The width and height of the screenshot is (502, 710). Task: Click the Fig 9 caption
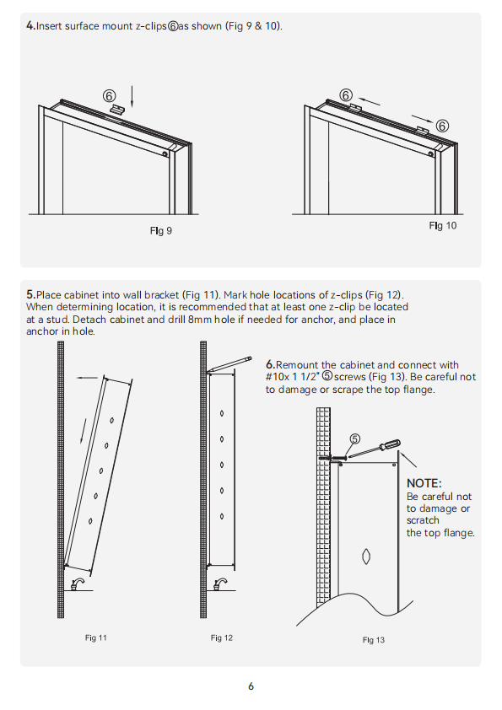[161, 231]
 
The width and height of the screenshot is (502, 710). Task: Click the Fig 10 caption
[443, 225]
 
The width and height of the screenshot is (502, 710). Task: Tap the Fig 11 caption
[95, 637]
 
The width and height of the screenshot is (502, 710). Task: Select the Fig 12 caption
[222, 637]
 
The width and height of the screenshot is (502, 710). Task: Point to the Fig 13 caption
[373, 640]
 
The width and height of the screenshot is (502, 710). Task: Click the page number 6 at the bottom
[251, 686]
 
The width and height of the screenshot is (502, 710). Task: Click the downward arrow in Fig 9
[132, 96]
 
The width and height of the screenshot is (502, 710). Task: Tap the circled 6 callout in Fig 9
[109, 96]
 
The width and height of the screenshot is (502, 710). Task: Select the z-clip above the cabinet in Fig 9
[117, 109]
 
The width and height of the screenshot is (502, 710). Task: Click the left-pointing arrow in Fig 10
[369, 101]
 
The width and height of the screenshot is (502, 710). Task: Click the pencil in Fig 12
[229, 364]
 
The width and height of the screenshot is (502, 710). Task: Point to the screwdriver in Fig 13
[375, 448]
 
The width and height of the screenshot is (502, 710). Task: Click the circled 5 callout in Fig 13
[354, 438]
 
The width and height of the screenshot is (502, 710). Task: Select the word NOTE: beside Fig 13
[424, 483]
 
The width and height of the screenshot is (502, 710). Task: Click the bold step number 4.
[30, 26]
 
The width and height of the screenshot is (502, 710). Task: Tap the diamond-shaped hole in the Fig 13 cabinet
[366, 557]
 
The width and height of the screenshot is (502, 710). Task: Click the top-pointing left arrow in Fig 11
[87, 378]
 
